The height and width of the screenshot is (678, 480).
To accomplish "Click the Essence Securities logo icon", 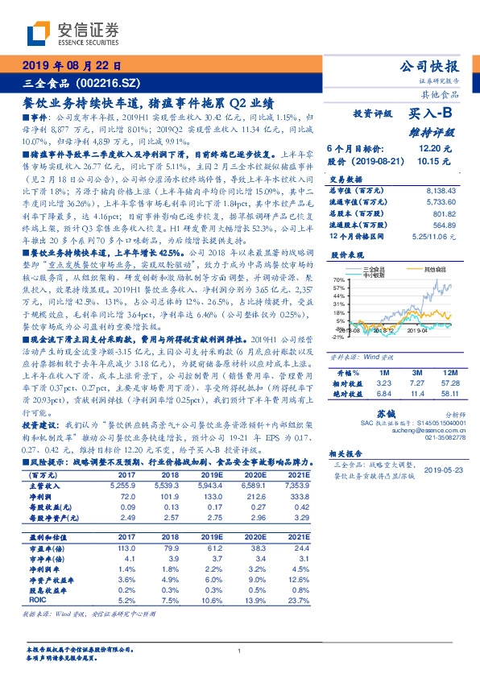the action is click(x=39, y=34).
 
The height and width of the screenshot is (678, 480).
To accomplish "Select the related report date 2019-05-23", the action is click(x=445, y=491).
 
